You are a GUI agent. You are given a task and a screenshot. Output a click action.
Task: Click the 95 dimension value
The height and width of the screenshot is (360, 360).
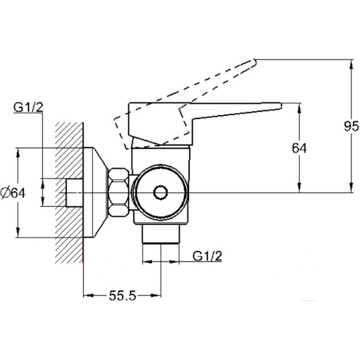[351, 126]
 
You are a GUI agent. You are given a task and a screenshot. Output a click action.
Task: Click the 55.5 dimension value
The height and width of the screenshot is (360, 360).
[122, 295]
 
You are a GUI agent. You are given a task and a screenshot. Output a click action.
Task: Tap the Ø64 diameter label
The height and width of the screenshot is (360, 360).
[13, 193]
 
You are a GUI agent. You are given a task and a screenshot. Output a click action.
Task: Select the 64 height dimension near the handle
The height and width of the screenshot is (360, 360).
[299, 148]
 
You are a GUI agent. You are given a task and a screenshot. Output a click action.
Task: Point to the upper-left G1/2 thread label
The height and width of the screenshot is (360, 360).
[28, 107]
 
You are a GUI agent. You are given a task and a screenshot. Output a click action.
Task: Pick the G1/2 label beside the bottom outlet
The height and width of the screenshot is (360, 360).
[208, 256]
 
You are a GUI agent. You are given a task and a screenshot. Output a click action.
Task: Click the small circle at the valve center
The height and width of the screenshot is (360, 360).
[160, 193]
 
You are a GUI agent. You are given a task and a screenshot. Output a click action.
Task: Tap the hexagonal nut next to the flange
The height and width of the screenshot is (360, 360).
[118, 193]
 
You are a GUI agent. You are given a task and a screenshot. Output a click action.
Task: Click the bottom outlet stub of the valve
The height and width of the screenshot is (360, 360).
[161, 234]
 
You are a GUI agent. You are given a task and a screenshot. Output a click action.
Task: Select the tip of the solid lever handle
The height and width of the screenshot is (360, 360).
[281, 106]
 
